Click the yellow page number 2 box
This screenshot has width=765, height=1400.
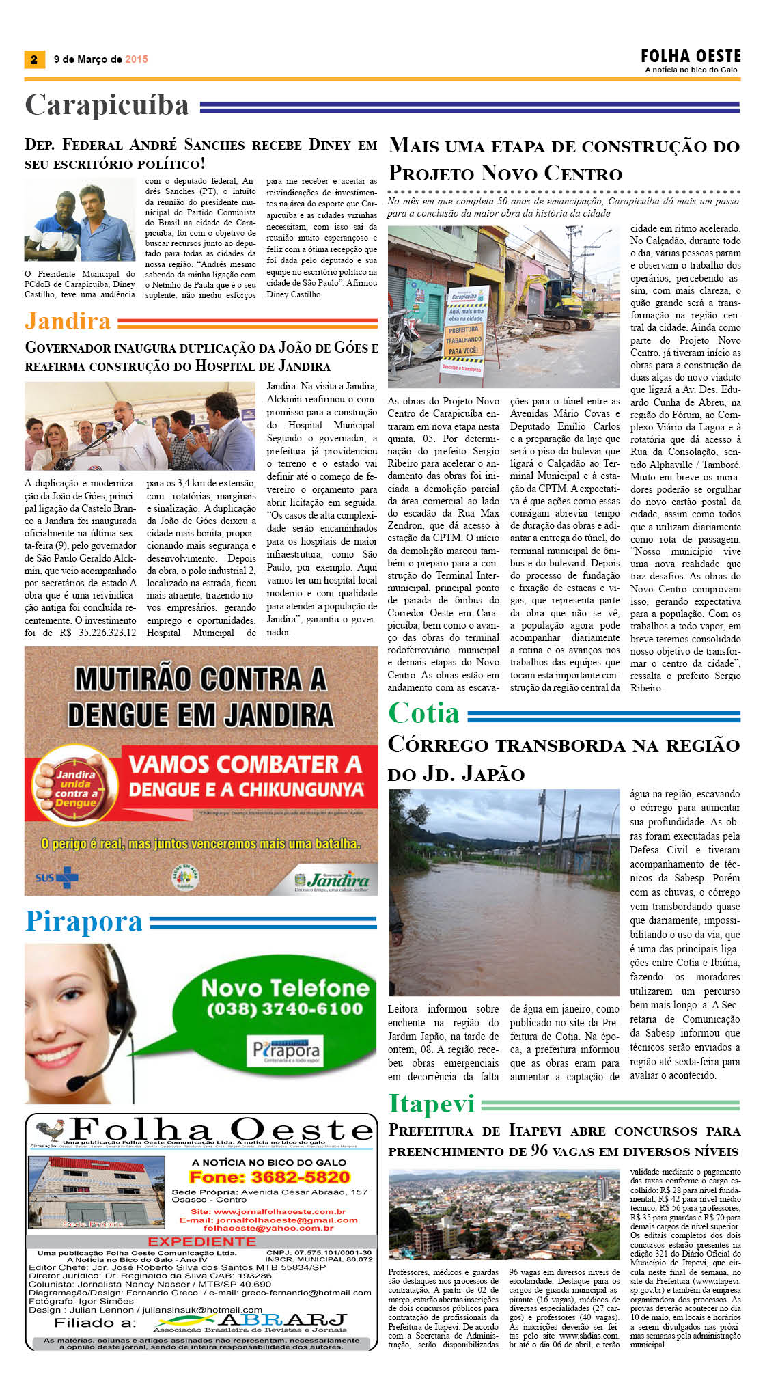tap(33, 59)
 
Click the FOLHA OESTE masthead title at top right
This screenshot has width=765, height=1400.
tap(691, 56)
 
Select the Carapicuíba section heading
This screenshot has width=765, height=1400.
tap(107, 105)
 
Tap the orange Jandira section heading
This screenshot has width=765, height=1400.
tap(68, 320)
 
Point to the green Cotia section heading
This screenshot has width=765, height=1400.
tap(423, 713)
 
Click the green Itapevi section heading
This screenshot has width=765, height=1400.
tap(432, 1103)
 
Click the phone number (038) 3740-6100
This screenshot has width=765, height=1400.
tap(285, 1009)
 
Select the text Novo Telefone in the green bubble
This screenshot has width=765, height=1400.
tap(285, 987)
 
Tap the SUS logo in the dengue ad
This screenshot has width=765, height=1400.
tap(57, 877)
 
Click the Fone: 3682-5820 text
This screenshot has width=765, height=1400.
tap(269, 1177)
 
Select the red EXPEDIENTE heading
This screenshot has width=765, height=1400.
tap(201, 1241)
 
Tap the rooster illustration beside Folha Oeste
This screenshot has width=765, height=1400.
tap(49, 1131)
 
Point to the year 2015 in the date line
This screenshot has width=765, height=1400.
tap(137, 59)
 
